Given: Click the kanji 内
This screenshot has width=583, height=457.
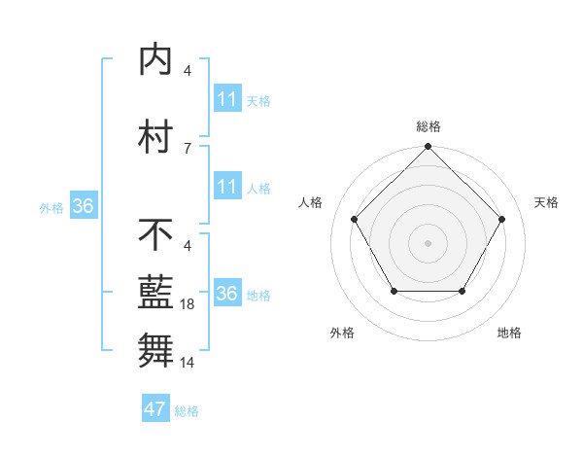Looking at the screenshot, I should click(x=155, y=59).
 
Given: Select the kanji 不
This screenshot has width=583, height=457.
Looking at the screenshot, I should click(x=155, y=234).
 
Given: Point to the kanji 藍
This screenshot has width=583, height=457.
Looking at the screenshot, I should click(x=155, y=293).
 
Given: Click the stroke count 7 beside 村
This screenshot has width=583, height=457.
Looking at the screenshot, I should click(x=188, y=148).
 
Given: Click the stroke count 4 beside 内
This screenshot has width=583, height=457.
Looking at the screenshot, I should click(x=188, y=70).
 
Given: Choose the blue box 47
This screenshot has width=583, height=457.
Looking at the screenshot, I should click(x=155, y=409).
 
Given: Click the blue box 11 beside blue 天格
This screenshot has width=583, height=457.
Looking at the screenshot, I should click(x=226, y=99).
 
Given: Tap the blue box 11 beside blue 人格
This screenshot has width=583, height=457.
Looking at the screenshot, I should click(x=226, y=187).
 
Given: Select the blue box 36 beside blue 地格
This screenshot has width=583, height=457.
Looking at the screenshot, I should click(x=226, y=294).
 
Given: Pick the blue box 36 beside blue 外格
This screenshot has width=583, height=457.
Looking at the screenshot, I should click(x=84, y=206).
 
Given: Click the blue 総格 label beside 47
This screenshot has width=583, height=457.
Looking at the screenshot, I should click(x=187, y=411).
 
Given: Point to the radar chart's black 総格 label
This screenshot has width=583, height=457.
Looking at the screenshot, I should click(x=428, y=126).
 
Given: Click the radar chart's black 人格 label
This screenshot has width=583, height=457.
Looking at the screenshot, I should click(x=311, y=202).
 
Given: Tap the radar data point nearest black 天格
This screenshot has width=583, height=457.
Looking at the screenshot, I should click(x=501, y=219).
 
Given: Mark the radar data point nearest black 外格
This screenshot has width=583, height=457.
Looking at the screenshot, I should click(x=394, y=291).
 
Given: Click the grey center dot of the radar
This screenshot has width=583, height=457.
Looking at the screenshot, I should click(x=428, y=242).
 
